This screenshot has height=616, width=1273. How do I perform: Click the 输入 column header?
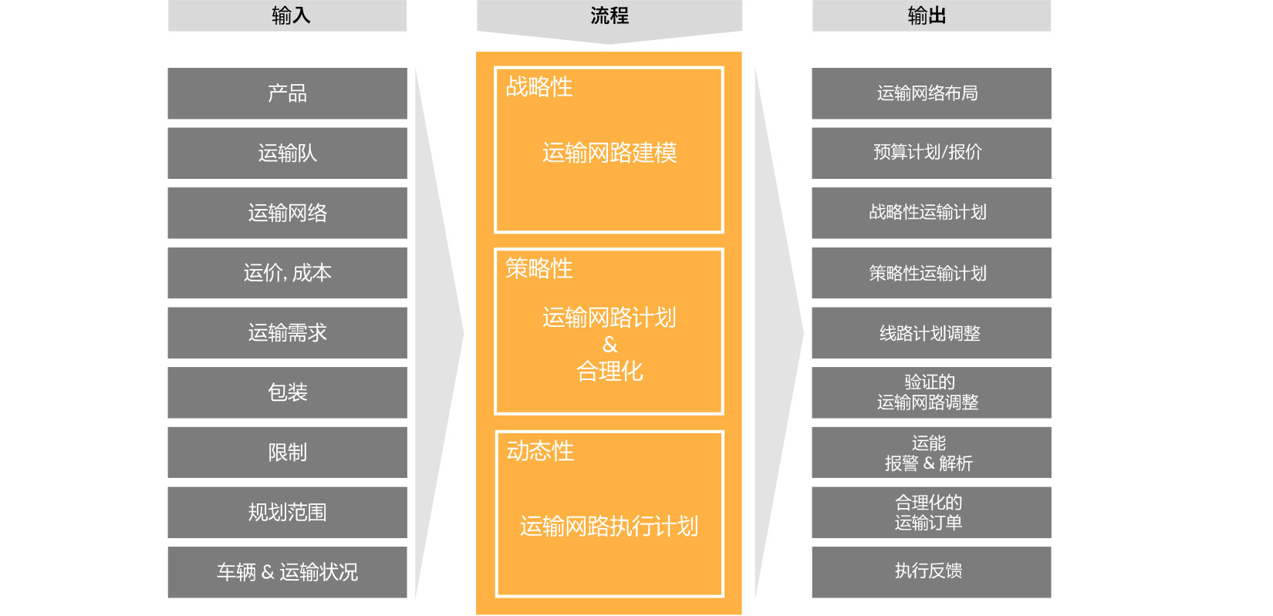point(287,15)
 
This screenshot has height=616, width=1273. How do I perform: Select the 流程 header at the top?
point(609,17)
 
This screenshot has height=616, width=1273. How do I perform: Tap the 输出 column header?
point(931,15)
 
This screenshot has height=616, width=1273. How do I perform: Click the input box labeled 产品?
point(288,93)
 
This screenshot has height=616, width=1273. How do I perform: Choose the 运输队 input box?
point(288,153)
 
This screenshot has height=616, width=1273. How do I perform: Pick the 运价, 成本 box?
point(288,273)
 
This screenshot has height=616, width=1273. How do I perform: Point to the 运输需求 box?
point(288,333)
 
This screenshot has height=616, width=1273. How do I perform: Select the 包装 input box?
point(288,393)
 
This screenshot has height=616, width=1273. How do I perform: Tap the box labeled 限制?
point(288,453)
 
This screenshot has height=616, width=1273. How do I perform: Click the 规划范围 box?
point(288,513)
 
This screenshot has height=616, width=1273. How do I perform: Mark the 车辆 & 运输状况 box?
point(288,572)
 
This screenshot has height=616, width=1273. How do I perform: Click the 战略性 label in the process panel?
point(539,87)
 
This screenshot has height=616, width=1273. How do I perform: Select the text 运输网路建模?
point(609,153)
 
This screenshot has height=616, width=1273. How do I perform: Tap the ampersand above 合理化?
point(609,345)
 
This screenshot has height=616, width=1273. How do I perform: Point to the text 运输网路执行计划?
point(609,527)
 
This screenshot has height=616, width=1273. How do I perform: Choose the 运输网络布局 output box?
point(931,93)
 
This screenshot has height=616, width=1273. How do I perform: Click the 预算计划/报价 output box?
point(931,153)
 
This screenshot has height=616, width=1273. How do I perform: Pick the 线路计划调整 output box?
point(931,333)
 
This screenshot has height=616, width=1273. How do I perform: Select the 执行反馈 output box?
point(931,572)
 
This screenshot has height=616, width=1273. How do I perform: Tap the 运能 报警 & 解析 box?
point(931,453)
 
